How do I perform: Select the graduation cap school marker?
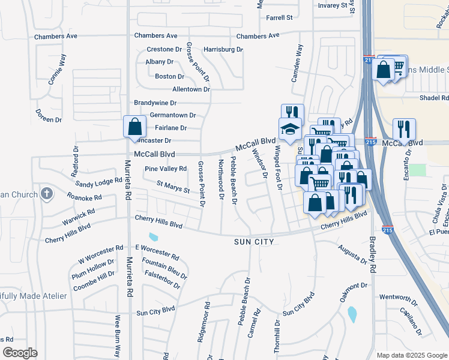[x=290, y=129]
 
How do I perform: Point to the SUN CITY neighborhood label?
[x=254, y=242]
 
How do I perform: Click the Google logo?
[x=20, y=353]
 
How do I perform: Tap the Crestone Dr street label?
[x=164, y=49]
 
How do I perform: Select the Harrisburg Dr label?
[x=223, y=49]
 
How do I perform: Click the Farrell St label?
[x=280, y=18]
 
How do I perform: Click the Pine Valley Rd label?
[x=166, y=169]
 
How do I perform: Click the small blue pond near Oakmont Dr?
[x=352, y=314]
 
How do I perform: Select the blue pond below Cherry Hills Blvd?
[x=153, y=237]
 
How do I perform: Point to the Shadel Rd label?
[x=434, y=98]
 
